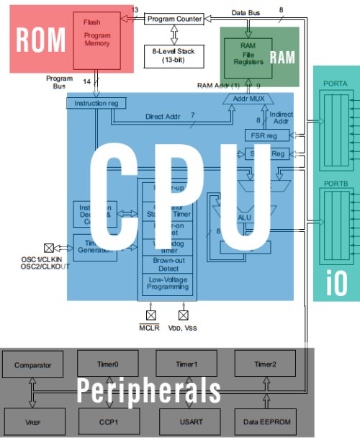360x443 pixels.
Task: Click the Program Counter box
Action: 174,19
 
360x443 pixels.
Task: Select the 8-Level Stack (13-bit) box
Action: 174,55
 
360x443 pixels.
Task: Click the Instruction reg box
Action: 95,104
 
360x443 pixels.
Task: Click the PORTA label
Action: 336,84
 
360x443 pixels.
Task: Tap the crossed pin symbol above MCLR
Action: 152,315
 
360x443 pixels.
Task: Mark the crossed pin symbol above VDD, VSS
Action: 183,315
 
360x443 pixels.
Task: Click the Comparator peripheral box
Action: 33,365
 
